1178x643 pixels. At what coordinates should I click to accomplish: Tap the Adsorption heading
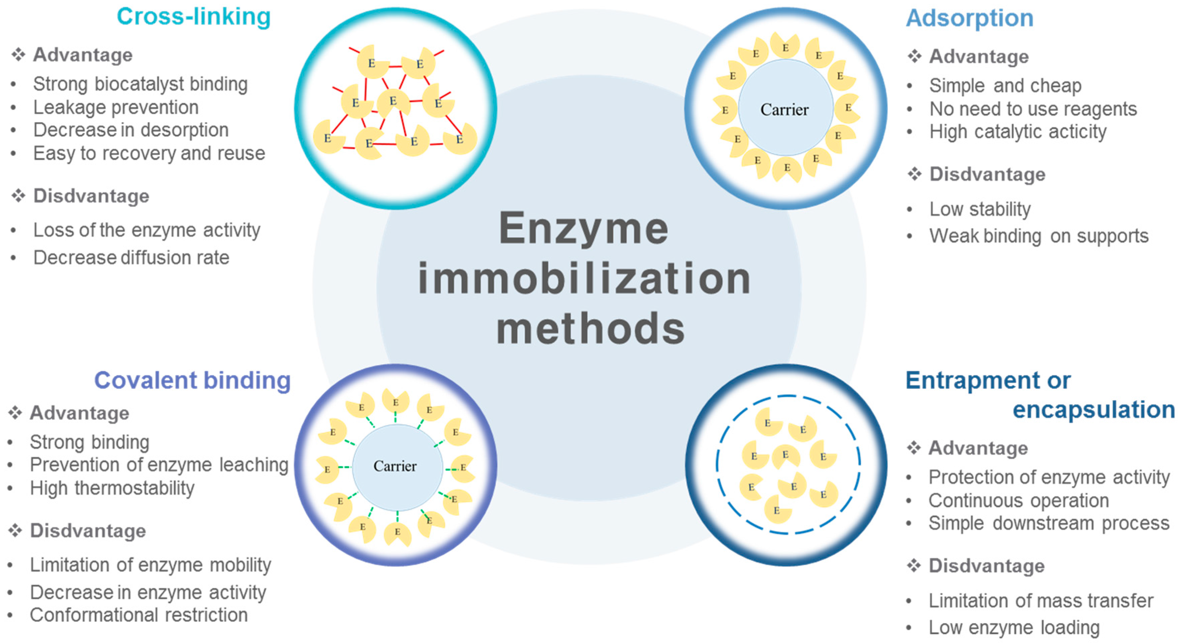click(969, 18)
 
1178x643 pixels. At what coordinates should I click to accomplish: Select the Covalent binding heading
click(192, 380)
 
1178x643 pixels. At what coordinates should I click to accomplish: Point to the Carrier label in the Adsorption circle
click(784, 110)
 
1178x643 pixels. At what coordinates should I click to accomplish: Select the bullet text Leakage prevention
click(116, 107)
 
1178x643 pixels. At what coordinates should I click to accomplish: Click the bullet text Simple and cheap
click(1005, 86)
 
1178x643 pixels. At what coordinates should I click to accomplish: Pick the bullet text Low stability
click(979, 209)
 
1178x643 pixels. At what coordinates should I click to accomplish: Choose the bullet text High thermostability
click(112, 488)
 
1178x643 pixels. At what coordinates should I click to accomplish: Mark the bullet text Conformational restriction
click(138, 615)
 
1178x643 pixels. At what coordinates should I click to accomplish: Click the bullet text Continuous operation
click(1018, 500)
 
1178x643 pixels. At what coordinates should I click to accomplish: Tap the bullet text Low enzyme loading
click(1014, 628)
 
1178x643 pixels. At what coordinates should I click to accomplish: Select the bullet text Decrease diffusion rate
click(131, 258)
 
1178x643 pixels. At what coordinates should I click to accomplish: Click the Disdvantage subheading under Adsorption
click(987, 174)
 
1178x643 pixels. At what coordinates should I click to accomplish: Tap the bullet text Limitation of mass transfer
click(1041, 600)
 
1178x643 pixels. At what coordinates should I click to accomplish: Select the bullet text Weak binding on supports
click(1039, 236)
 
